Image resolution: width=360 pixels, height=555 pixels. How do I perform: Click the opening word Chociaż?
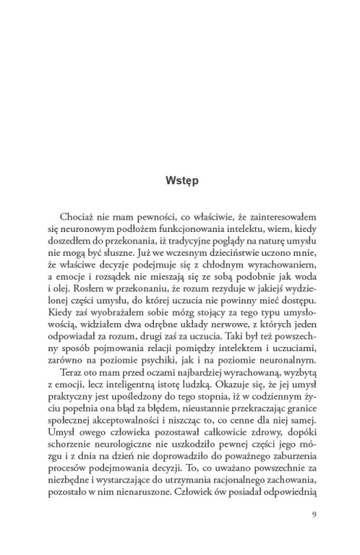74,218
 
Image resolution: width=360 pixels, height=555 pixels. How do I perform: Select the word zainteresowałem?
275,218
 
